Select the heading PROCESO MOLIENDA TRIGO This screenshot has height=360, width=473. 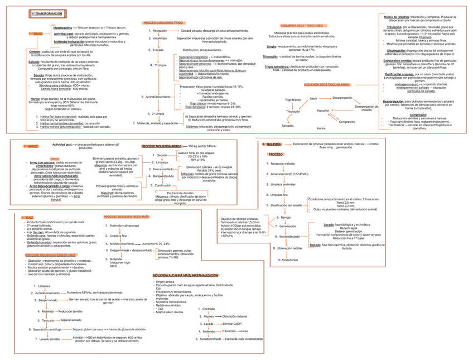(163, 22)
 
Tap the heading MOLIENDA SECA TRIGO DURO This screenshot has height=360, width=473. (301, 26)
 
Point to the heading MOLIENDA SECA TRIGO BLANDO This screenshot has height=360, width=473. (326, 84)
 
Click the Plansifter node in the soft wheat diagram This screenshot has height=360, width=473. (323, 111)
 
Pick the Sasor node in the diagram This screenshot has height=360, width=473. (313, 98)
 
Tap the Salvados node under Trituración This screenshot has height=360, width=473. (288, 126)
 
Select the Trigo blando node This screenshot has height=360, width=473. (293, 100)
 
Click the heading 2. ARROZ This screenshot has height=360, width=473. (31, 146)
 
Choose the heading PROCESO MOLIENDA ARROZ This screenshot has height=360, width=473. (161, 145)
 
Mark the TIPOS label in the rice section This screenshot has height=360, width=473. (54, 159)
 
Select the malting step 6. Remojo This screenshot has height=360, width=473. (283, 217)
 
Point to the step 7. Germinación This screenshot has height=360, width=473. (286, 226)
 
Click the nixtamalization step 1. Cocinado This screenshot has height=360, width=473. (206, 309)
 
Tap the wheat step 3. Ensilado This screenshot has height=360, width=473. (157, 50)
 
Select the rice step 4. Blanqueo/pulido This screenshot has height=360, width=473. (156, 176)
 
